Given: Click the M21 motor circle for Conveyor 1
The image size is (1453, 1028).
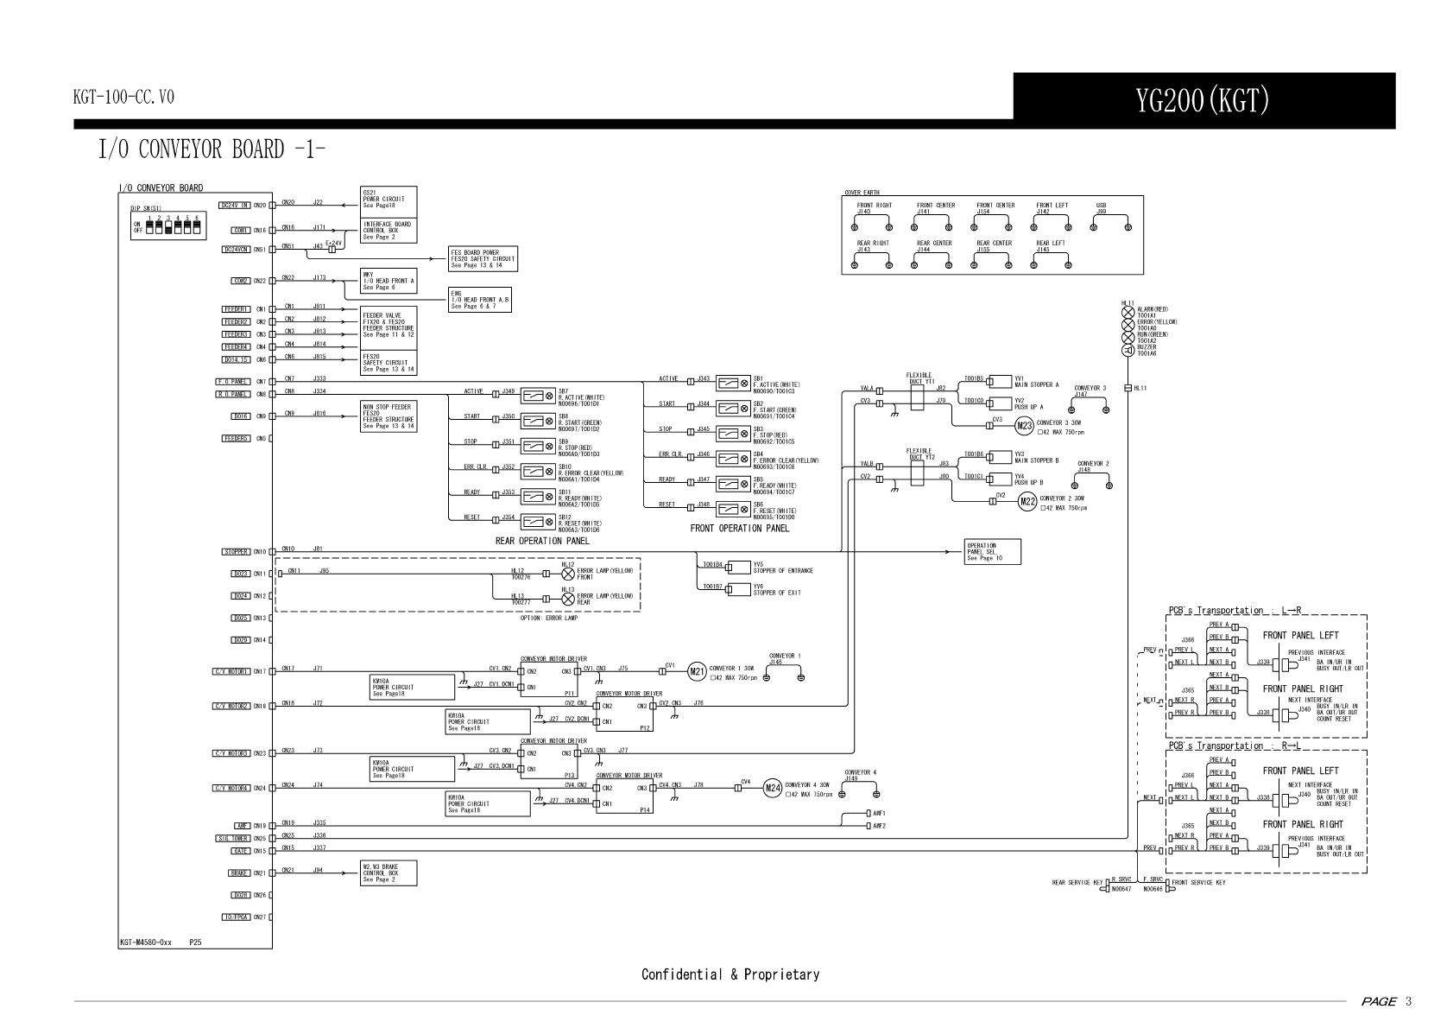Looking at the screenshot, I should [697, 671].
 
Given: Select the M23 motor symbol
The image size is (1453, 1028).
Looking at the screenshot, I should [1024, 425].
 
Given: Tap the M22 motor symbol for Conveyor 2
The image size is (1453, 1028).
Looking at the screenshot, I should [1027, 501].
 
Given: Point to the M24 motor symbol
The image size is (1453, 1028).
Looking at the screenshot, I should [773, 788].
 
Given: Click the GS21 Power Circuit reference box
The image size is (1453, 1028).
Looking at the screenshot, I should [388, 200].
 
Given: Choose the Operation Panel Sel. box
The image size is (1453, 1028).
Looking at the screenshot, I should [992, 552].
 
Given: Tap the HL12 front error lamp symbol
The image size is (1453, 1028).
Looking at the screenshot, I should [568, 574].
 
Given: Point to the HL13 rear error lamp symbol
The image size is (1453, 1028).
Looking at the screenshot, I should [568, 599].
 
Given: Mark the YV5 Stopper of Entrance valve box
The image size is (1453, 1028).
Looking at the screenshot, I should [738, 568].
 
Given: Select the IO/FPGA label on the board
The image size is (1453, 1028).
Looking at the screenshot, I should [236, 917].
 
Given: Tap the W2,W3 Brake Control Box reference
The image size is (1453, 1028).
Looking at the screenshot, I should [388, 873].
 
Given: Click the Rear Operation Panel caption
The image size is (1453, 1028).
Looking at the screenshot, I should [541, 541].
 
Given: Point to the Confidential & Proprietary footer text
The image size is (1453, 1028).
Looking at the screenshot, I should [730, 974].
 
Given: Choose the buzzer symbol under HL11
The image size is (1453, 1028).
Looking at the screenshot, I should [1128, 350].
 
